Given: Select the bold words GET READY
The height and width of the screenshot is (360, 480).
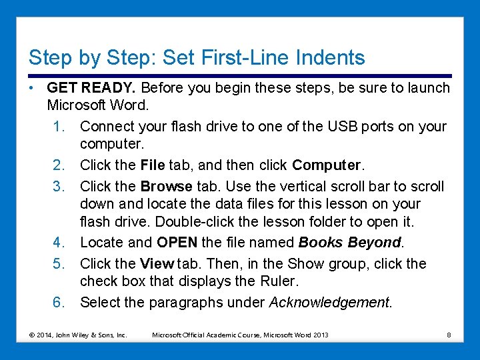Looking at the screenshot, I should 92,88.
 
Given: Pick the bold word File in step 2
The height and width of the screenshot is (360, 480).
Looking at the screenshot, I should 153,165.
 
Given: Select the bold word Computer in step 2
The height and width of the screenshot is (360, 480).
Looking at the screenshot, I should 325,165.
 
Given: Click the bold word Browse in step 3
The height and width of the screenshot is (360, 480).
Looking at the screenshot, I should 166,186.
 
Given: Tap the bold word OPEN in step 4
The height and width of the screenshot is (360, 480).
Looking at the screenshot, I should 179,243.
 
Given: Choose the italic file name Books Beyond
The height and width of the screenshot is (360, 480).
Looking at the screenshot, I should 350,243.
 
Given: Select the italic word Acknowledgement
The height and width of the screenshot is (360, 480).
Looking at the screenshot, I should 329,303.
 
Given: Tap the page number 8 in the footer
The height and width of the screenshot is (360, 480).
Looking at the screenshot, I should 449,335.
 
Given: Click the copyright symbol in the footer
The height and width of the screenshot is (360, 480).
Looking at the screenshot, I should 32,335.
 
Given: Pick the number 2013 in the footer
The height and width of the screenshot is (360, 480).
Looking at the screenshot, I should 321,335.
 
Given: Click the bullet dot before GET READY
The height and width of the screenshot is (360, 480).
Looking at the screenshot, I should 32,88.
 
